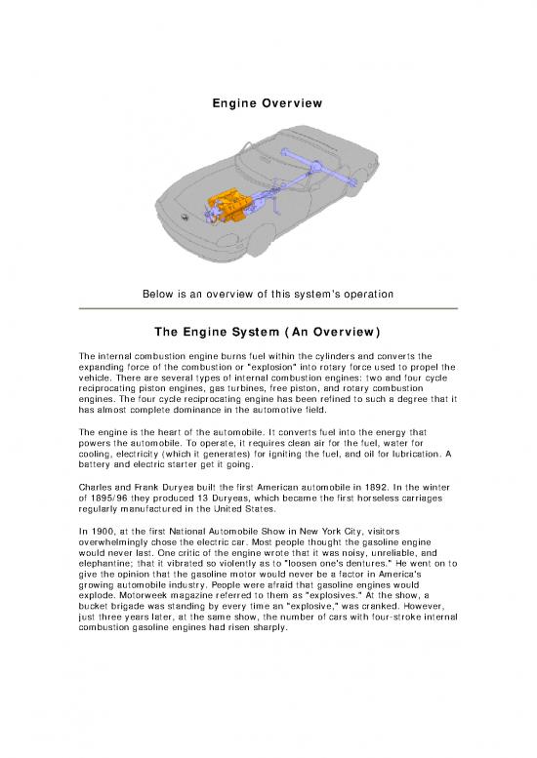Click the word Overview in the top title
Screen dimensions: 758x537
(x=292, y=101)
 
